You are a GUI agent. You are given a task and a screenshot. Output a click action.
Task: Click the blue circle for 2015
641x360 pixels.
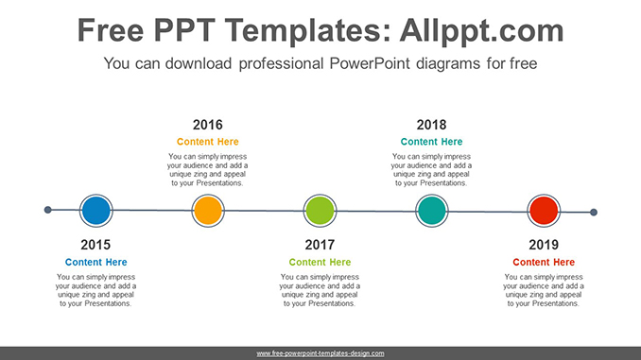[x=95, y=210]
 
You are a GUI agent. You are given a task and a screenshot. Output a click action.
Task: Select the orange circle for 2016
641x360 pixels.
[x=207, y=210]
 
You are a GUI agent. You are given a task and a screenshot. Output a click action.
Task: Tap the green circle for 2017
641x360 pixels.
[x=320, y=210]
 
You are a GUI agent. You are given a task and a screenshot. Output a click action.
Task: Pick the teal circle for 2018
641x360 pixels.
[x=431, y=210]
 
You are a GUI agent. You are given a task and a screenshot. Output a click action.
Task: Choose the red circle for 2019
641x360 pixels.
[x=544, y=210]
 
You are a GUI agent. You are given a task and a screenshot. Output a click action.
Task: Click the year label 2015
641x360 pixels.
[x=95, y=245]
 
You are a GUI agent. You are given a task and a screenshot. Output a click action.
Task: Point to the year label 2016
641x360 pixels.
[x=207, y=125]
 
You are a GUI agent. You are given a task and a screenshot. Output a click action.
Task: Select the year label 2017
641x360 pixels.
[x=320, y=245]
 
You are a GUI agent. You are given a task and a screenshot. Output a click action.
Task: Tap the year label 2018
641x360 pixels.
[x=431, y=125]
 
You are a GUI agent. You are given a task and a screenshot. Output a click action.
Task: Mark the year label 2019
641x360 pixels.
[x=544, y=245]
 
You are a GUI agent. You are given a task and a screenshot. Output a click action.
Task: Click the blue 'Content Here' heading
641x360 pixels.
[x=95, y=262]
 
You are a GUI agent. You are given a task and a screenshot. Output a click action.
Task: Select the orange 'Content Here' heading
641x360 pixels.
[x=207, y=142]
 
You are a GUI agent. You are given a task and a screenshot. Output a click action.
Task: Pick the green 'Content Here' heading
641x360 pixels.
[x=320, y=262]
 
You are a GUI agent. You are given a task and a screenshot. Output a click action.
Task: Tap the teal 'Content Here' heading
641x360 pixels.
[x=431, y=142]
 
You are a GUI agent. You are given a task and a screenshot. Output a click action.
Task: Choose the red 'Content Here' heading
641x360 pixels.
[x=544, y=262]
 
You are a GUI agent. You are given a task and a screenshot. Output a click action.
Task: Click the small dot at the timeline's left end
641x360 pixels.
[x=48, y=210]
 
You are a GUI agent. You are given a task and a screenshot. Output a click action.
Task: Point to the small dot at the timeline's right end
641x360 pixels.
[x=594, y=213]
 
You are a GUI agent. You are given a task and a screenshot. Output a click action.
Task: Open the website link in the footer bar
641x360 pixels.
[x=320, y=352]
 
